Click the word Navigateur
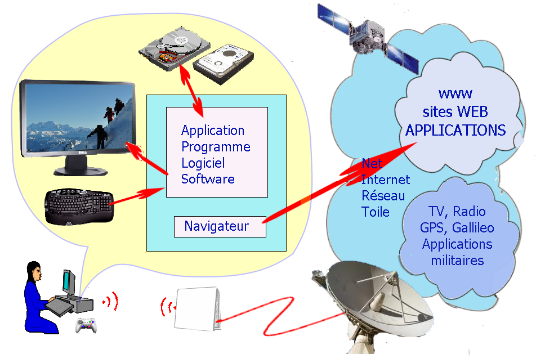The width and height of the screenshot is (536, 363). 216,227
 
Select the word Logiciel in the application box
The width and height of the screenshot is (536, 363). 203,163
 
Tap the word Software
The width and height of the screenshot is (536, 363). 208,180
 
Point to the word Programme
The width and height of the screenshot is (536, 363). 216,147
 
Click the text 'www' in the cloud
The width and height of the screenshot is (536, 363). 455,93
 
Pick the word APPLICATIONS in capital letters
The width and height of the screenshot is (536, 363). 455,131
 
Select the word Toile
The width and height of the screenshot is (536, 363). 376,212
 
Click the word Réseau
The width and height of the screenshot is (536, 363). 383,196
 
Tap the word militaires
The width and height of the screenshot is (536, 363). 457,261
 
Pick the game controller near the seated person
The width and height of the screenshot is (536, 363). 86,325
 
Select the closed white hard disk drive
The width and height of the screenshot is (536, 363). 224,62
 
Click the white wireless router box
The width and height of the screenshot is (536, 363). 195,308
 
